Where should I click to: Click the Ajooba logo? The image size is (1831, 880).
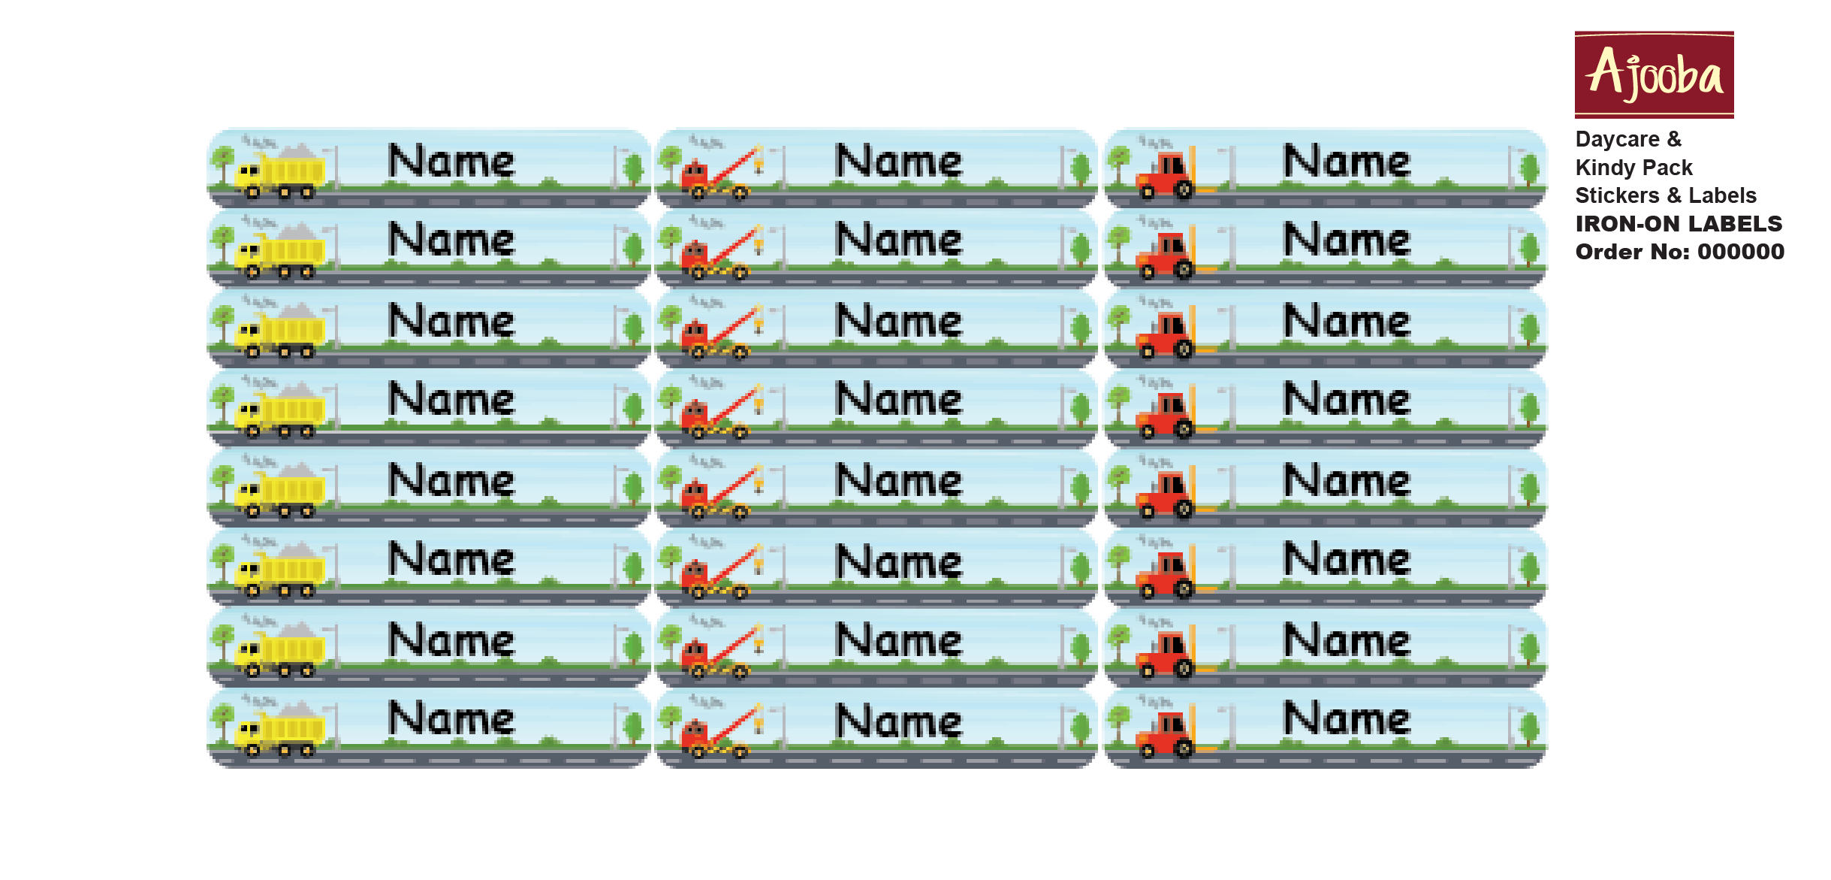pos(1654,74)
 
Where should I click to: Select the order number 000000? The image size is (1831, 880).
pos(1741,252)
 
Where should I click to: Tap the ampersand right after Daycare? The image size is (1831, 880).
pos(1675,139)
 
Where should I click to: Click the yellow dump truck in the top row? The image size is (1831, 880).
pos(279,172)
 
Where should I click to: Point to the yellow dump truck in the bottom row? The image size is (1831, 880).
pos(279,731)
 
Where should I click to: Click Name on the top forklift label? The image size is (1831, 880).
pos(1347,161)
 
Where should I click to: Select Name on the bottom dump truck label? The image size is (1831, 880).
pos(451,718)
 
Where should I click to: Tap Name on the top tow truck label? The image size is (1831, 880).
pos(899,161)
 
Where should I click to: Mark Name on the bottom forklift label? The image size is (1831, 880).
pos(1347,718)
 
